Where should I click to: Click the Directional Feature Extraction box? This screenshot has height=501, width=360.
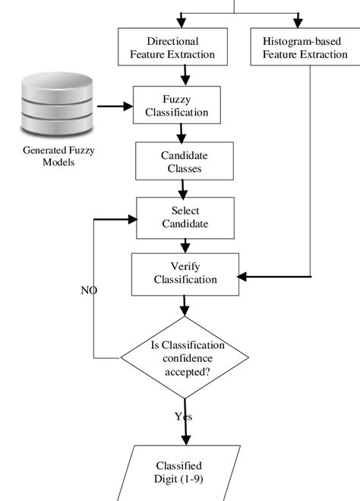pyautogui.click(x=172, y=47)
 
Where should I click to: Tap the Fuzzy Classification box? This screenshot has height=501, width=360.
pyautogui.click(x=176, y=105)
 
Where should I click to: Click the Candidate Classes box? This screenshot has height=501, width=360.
pyautogui.click(x=178, y=161)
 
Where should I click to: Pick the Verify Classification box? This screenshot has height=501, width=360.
pyautogui.click(x=185, y=273)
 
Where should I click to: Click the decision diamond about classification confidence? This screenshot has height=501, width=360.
pyautogui.click(x=185, y=359)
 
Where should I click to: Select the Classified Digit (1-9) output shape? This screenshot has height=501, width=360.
pyautogui.click(x=180, y=472)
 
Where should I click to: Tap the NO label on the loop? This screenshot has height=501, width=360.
pyautogui.click(x=89, y=290)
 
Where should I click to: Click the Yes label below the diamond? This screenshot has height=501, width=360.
pyautogui.click(x=184, y=417)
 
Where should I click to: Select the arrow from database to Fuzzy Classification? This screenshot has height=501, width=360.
pyautogui.click(x=115, y=106)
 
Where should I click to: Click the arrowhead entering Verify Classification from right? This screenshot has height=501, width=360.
pyautogui.click(x=245, y=275)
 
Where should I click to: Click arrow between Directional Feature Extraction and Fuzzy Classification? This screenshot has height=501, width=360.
pyautogui.click(x=185, y=75)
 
